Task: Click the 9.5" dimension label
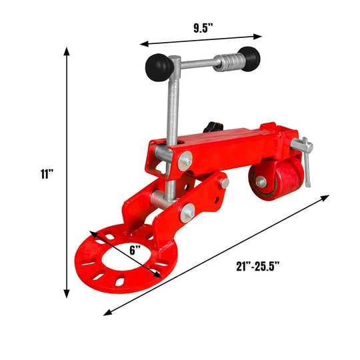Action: [x=201, y=28]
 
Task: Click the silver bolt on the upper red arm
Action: [x=185, y=160]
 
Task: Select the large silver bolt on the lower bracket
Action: [x=188, y=212]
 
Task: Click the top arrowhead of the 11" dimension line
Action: [x=67, y=51]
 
